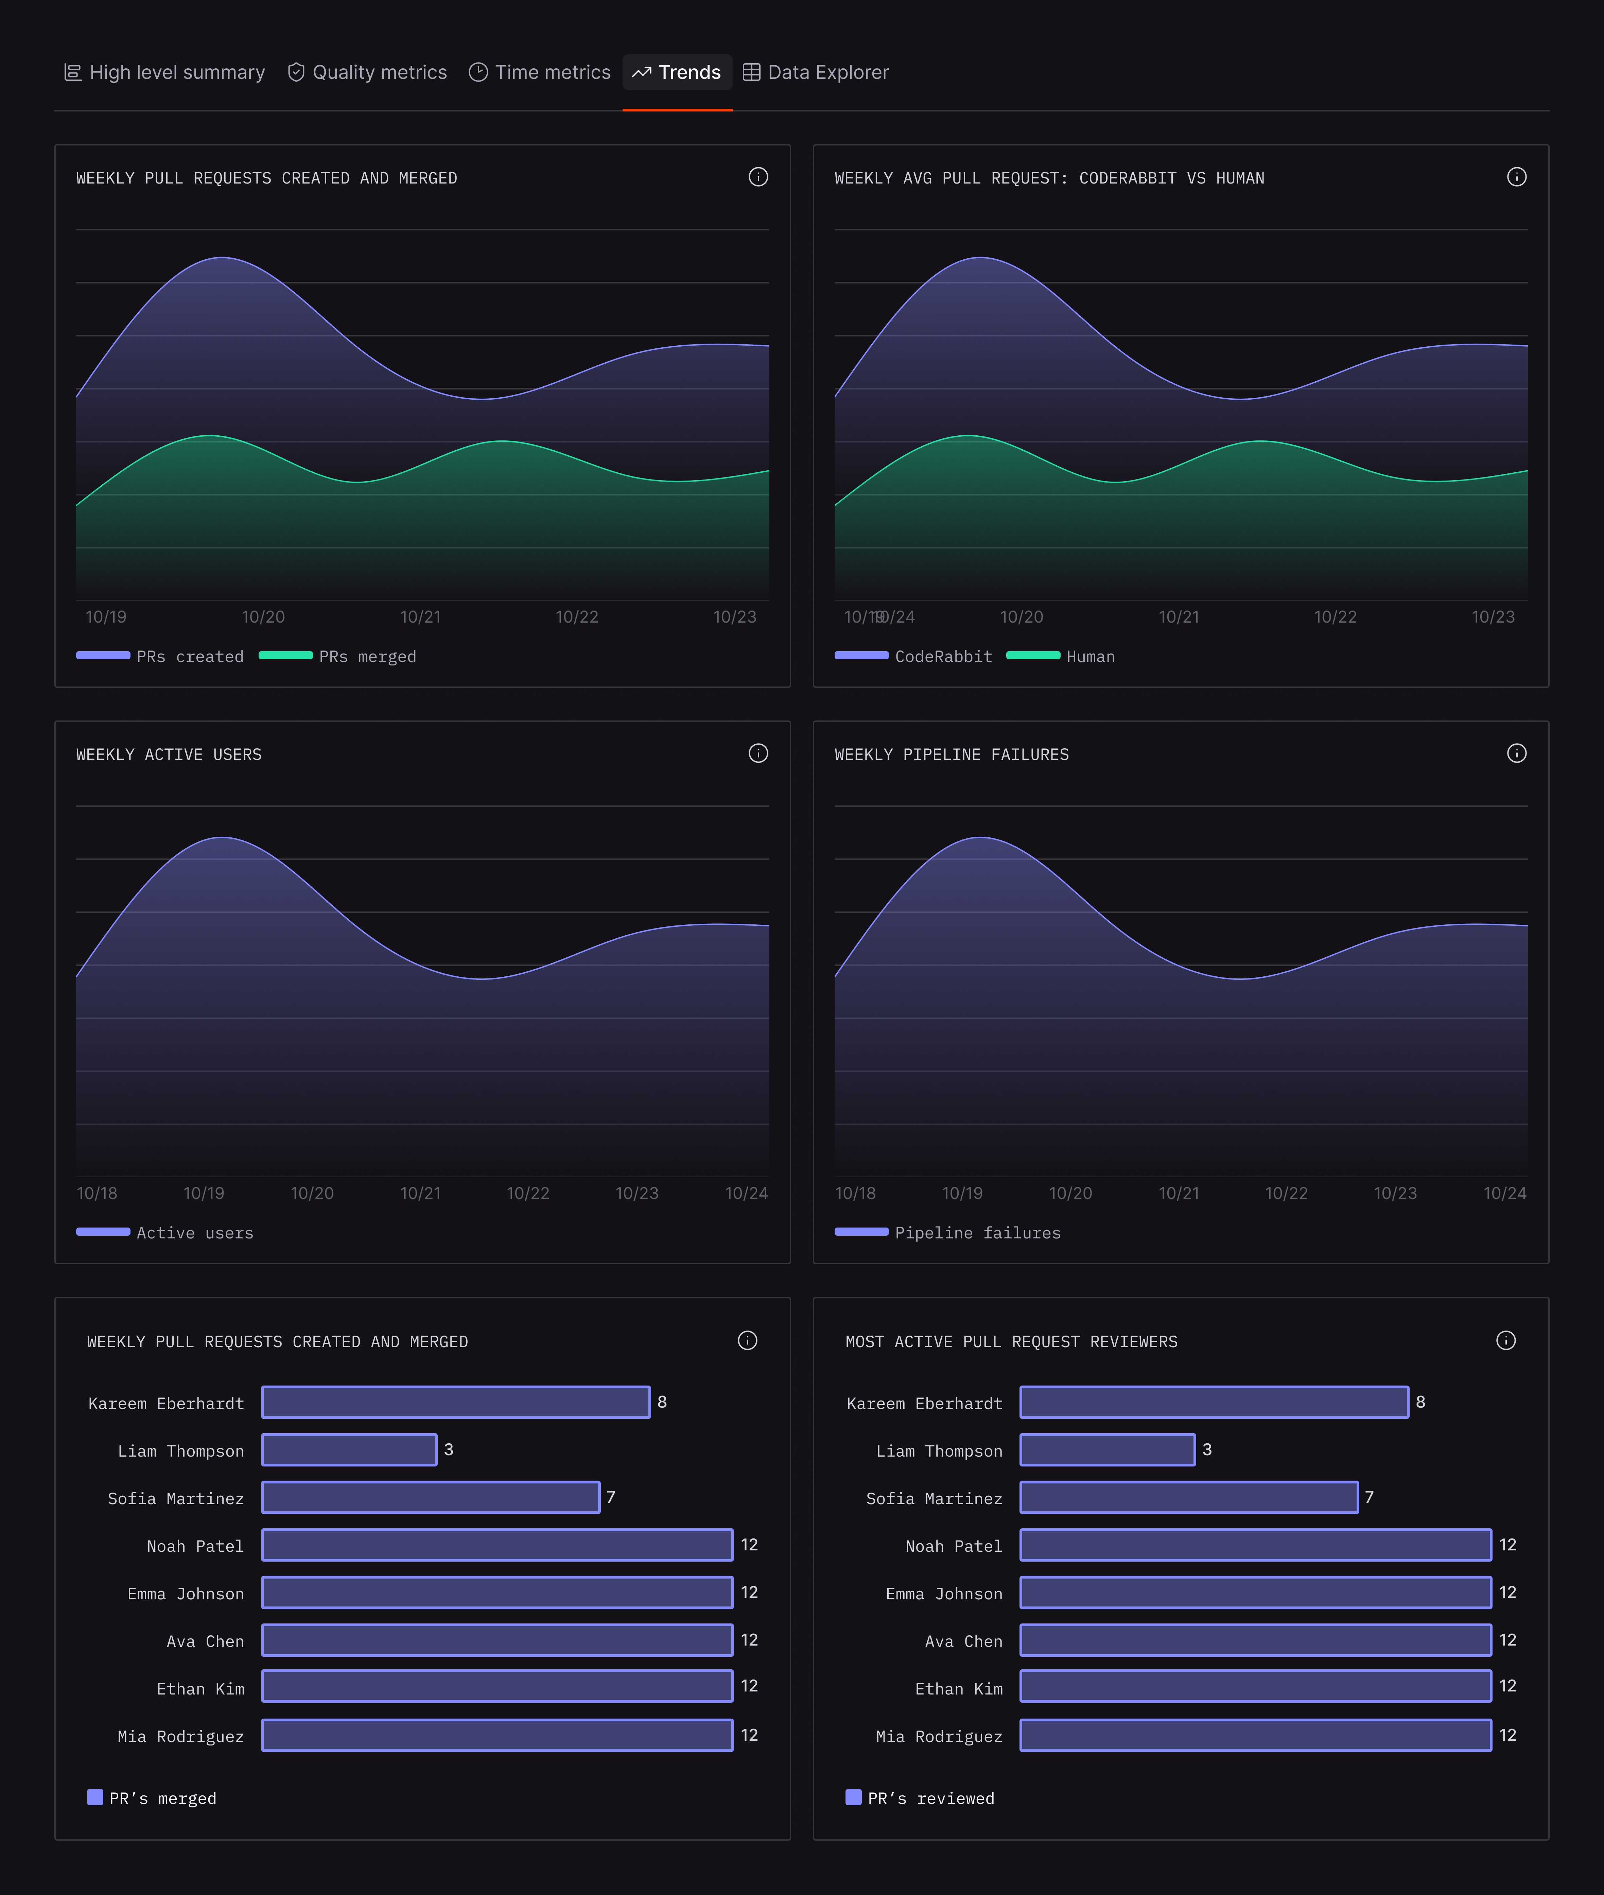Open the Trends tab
(x=677, y=73)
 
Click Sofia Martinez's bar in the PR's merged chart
(x=430, y=1497)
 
